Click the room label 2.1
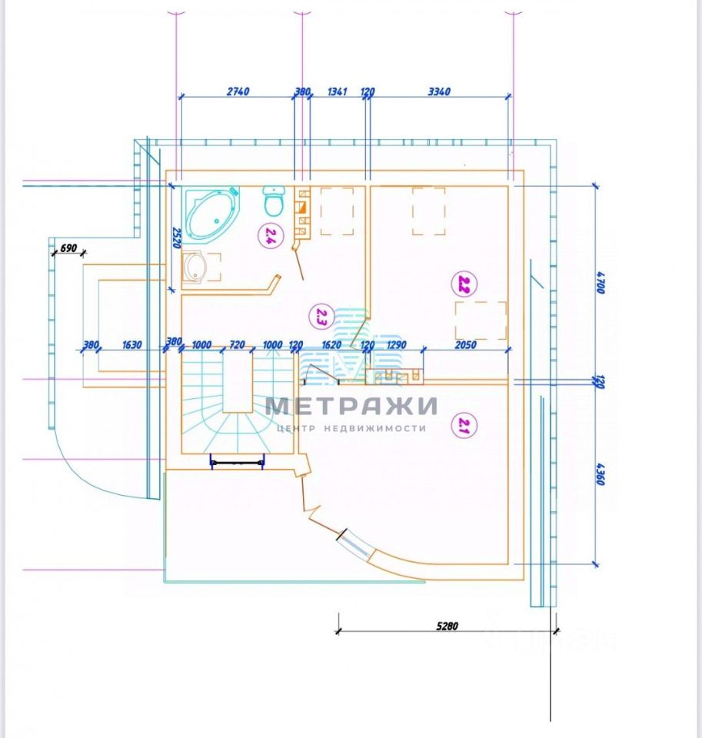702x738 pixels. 462,425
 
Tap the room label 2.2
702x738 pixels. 463,285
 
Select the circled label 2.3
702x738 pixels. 321,315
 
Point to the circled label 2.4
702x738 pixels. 269,234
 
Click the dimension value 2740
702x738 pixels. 238,91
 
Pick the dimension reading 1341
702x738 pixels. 338,91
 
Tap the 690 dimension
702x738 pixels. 68,248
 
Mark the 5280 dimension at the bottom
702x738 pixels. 446,627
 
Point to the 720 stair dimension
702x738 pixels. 237,345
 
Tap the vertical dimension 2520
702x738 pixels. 176,238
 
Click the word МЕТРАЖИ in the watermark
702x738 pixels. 351,405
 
